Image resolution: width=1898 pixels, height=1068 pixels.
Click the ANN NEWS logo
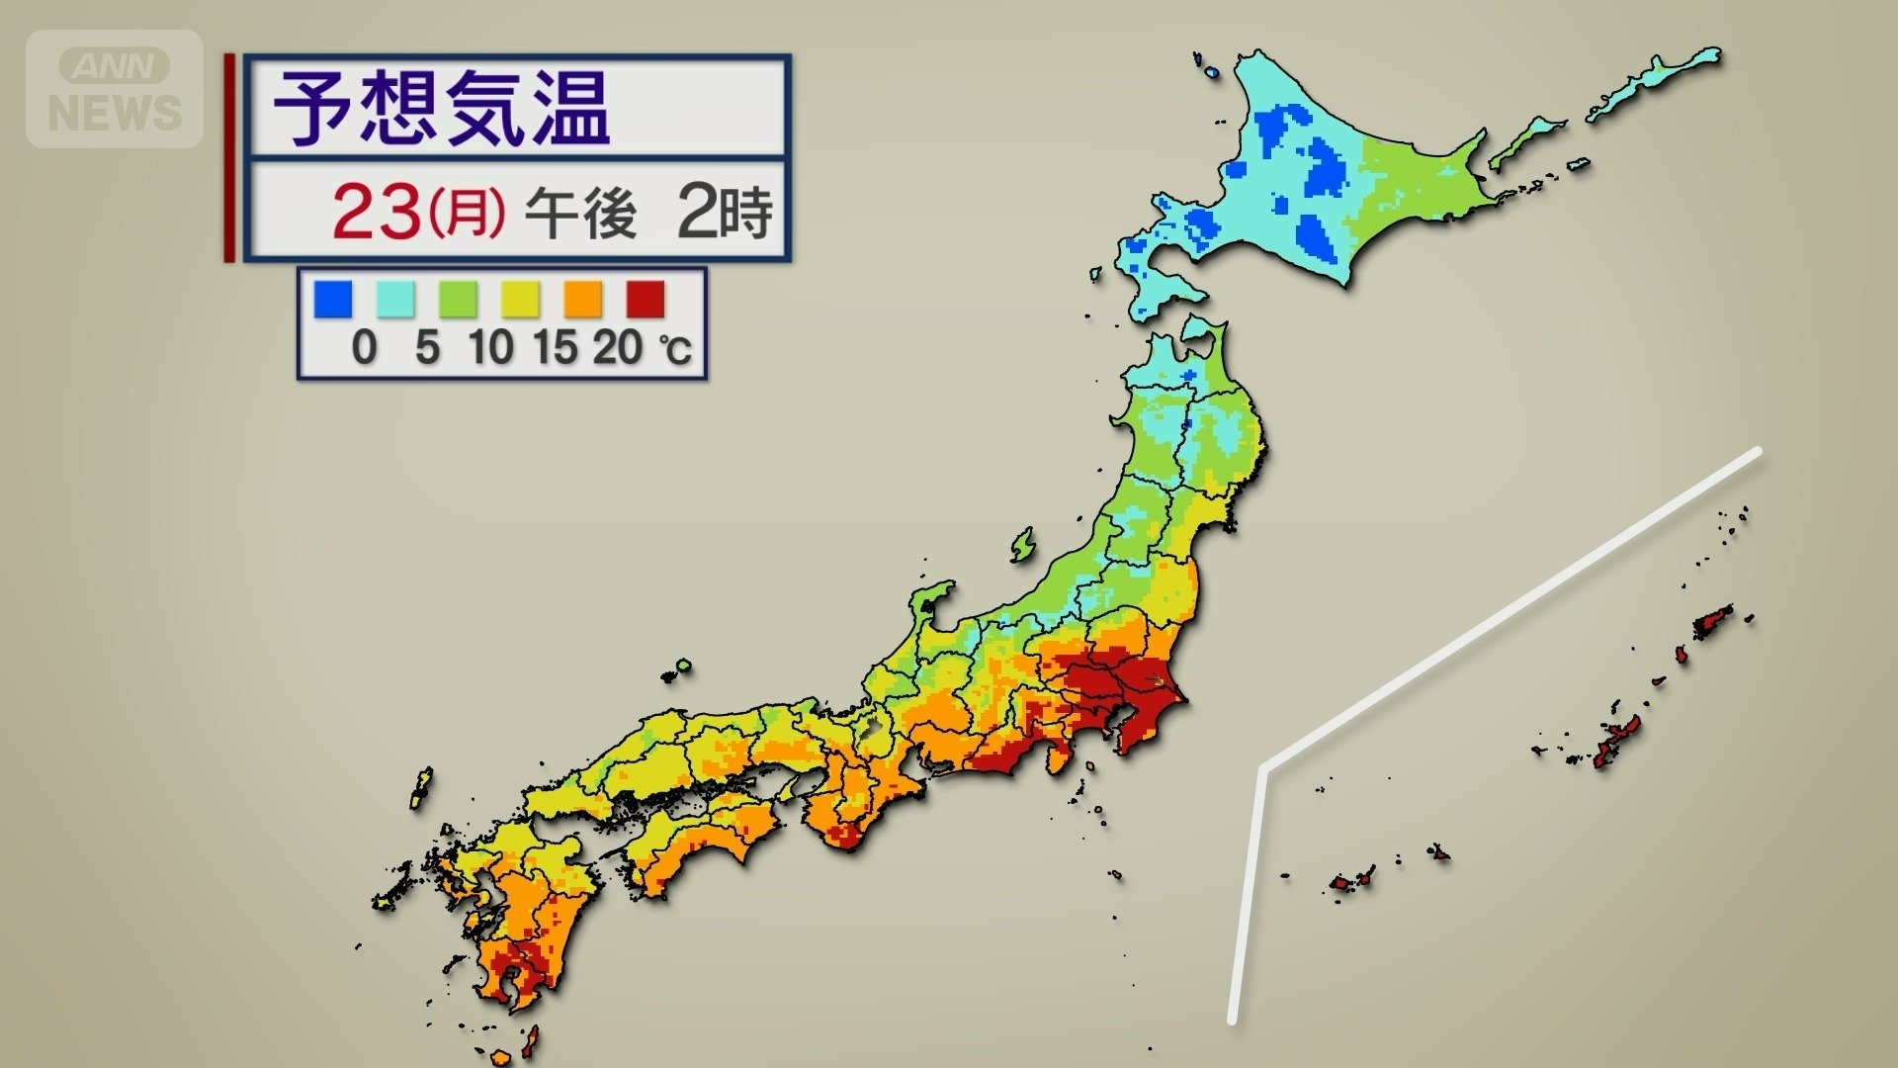coord(115,89)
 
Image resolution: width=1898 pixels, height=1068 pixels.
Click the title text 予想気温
coord(441,108)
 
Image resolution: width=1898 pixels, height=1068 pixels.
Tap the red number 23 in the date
coord(376,212)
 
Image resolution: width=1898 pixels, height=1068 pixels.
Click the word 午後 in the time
coord(580,212)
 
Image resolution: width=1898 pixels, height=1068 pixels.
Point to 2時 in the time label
coord(724,212)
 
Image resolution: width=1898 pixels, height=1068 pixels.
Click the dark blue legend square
coord(333,299)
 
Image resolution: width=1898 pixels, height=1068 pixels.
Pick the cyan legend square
coord(395,299)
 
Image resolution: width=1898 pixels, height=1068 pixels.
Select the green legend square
coord(458,299)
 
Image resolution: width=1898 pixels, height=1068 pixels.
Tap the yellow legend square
coord(520,299)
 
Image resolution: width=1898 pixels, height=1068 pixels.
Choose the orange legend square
coord(583,299)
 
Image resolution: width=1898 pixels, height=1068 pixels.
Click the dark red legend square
coord(646,299)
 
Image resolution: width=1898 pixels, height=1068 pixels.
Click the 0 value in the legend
coord(364,347)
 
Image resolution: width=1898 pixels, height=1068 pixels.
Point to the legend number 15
coord(555,347)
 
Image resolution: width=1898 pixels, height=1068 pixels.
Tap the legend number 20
coord(618,347)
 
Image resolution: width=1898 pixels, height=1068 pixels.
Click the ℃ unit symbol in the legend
coord(676,350)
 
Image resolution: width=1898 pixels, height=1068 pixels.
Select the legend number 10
coord(491,347)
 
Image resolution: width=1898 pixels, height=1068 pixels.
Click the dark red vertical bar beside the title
coord(230,158)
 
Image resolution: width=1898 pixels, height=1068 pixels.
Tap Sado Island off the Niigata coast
coord(1023,544)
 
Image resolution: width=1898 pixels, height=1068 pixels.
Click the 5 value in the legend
coord(427,347)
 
